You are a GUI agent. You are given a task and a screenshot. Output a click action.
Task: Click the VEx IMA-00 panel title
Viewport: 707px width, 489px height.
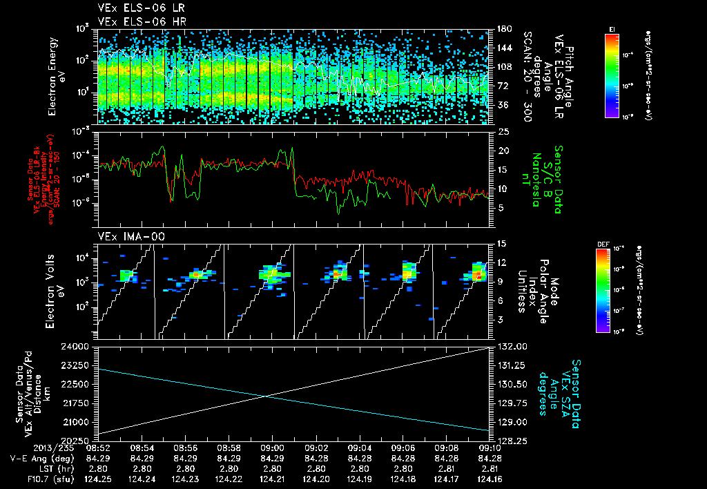click(123, 237)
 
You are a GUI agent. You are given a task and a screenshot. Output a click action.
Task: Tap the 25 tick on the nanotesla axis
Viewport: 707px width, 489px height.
click(503, 131)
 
